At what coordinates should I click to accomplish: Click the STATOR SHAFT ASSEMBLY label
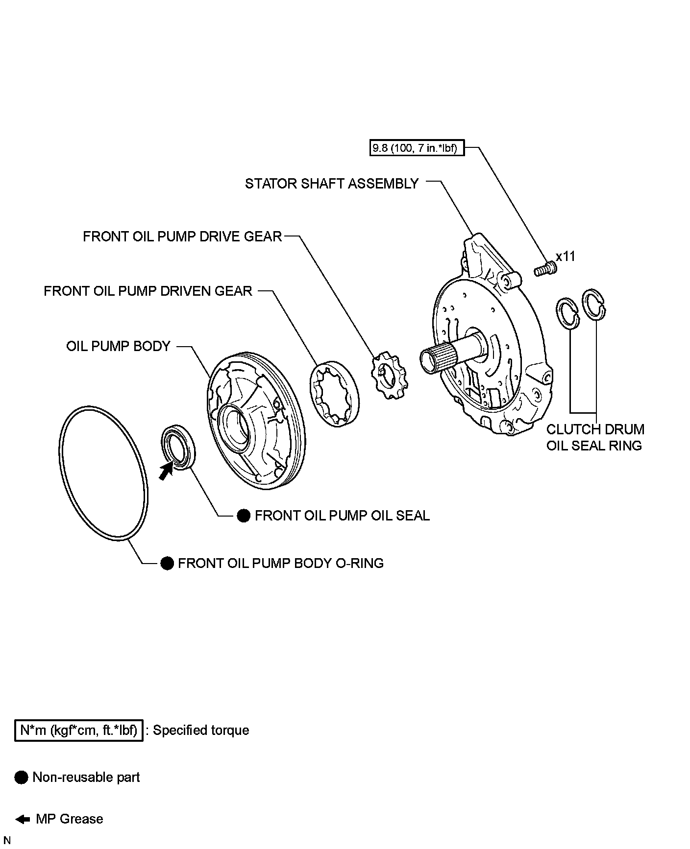click(332, 184)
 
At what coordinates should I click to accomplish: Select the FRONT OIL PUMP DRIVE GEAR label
click(182, 236)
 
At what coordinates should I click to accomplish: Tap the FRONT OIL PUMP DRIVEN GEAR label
click(148, 291)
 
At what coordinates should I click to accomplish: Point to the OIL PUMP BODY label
click(118, 346)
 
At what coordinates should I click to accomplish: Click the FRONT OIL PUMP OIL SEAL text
click(342, 516)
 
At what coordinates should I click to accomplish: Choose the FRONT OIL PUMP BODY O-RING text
click(280, 563)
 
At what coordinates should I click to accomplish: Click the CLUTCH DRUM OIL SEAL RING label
click(595, 437)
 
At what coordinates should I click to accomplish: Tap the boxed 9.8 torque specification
click(417, 148)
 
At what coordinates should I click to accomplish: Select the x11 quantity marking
click(566, 257)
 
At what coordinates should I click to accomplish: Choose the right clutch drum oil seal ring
click(593, 305)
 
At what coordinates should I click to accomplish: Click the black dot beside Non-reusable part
click(22, 777)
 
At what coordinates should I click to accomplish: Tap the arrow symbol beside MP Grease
click(22, 819)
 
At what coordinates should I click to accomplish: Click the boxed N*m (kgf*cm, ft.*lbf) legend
click(78, 731)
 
